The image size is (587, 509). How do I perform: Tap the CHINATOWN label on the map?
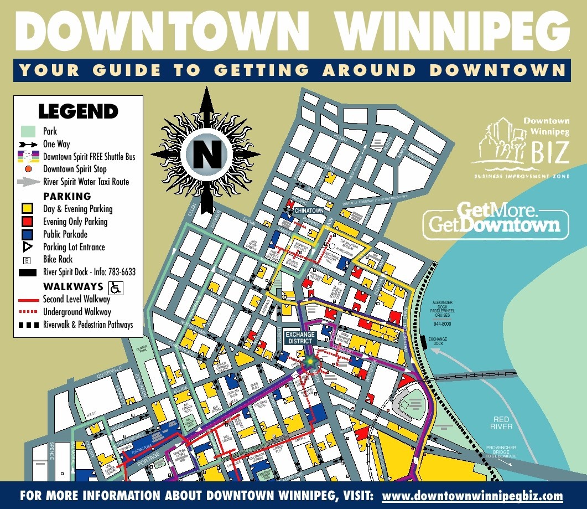(x=309, y=211)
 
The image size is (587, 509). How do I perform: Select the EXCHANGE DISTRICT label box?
(x=300, y=338)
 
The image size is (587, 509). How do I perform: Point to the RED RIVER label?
(x=501, y=423)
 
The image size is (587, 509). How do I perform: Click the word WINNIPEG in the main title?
(x=453, y=31)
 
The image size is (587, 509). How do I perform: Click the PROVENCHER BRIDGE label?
(x=501, y=451)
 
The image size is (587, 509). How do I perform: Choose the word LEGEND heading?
(x=78, y=111)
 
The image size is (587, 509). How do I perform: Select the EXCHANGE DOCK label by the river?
(x=437, y=341)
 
